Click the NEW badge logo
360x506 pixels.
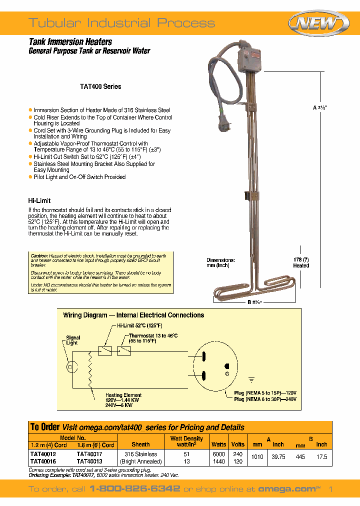pyautogui.click(x=319, y=23)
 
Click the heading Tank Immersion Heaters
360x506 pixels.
pyautogui.click(x=70, y=42)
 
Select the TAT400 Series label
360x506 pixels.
pyautogui.click(x=100, y=86)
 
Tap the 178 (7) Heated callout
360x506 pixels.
pyautogui.click(x=301, y=262)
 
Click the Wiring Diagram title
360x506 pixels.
pyautogui.click(x=133, y=315)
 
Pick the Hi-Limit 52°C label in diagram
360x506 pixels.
pyautogui.click(x=139, y=325)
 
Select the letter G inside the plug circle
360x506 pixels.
pyautogui.click(x=226, y=373)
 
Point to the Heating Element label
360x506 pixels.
pyautogui.click(x=123, y=395)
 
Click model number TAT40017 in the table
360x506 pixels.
pyautogui.click(x=89, y=454)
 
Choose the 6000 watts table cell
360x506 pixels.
pyautogui.click(x=218, y=454)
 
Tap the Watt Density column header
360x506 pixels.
pyautogui.click(x=186, y=441)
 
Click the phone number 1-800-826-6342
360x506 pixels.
pyautogui.click(x=134, y=488)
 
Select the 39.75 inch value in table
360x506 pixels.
pyautogui.click(x=278, y=457)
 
